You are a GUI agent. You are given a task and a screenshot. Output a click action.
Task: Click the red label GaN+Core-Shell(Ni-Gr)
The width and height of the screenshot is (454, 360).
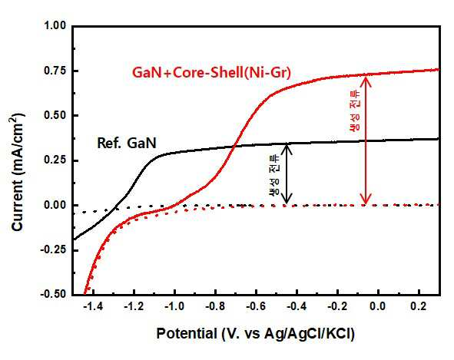coord(211,73)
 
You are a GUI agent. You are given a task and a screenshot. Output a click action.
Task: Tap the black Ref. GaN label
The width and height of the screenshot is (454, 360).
coord(127,143)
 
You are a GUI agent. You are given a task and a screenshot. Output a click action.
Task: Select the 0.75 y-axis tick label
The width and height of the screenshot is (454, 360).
coord(55,71)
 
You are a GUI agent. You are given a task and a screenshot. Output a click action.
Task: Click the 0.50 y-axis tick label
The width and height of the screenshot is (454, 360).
coord(55,115)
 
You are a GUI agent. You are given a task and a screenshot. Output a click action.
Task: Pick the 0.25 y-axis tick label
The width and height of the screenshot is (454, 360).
coord(55,160)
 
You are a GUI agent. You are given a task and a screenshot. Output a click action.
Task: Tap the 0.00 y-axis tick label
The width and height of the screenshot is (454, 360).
coord(55,205)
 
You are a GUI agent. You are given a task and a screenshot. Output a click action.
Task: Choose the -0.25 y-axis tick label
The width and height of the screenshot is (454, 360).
coord(53,250)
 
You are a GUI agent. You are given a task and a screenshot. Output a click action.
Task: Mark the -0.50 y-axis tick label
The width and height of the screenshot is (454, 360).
coord(53,295)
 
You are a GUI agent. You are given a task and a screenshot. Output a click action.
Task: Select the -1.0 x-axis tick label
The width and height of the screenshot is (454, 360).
coord(174,306)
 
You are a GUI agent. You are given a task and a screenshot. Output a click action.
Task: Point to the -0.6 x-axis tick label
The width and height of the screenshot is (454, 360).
coord(256,306)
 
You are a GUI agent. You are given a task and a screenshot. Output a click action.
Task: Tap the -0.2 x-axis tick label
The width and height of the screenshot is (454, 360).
coord(337,306)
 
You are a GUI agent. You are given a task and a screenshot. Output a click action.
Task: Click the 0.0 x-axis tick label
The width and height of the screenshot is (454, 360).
coord(378,306)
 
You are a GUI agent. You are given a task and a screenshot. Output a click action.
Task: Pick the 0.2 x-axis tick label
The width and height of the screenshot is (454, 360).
coord(419,306)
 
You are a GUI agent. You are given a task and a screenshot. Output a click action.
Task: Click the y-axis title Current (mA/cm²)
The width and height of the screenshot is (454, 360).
coord(18,172)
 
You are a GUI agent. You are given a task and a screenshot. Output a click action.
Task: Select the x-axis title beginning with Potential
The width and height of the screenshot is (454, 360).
coord(255,334)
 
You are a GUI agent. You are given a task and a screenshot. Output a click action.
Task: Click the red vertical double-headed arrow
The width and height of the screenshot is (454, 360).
coord(366,140)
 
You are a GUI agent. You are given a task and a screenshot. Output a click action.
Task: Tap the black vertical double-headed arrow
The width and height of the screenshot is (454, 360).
coord(287,173)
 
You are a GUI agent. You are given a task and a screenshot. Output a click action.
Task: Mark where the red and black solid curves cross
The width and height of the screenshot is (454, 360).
coord(234,146)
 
